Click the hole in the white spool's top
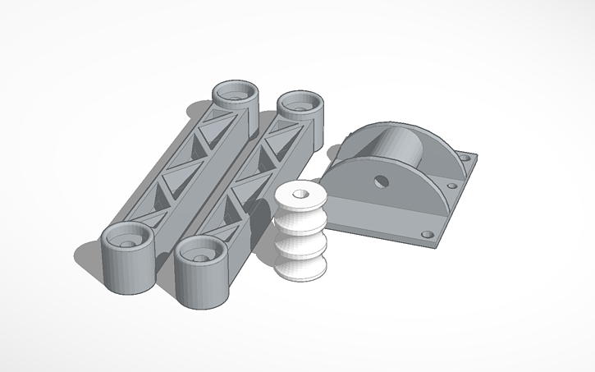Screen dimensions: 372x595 pos(298,194)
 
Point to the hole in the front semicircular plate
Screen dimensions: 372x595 pos(381,181)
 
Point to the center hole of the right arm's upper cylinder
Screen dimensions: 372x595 pos(298,104)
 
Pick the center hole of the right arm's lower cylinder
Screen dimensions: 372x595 pos(199,256)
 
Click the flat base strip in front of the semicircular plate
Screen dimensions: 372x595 pos(386,216)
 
